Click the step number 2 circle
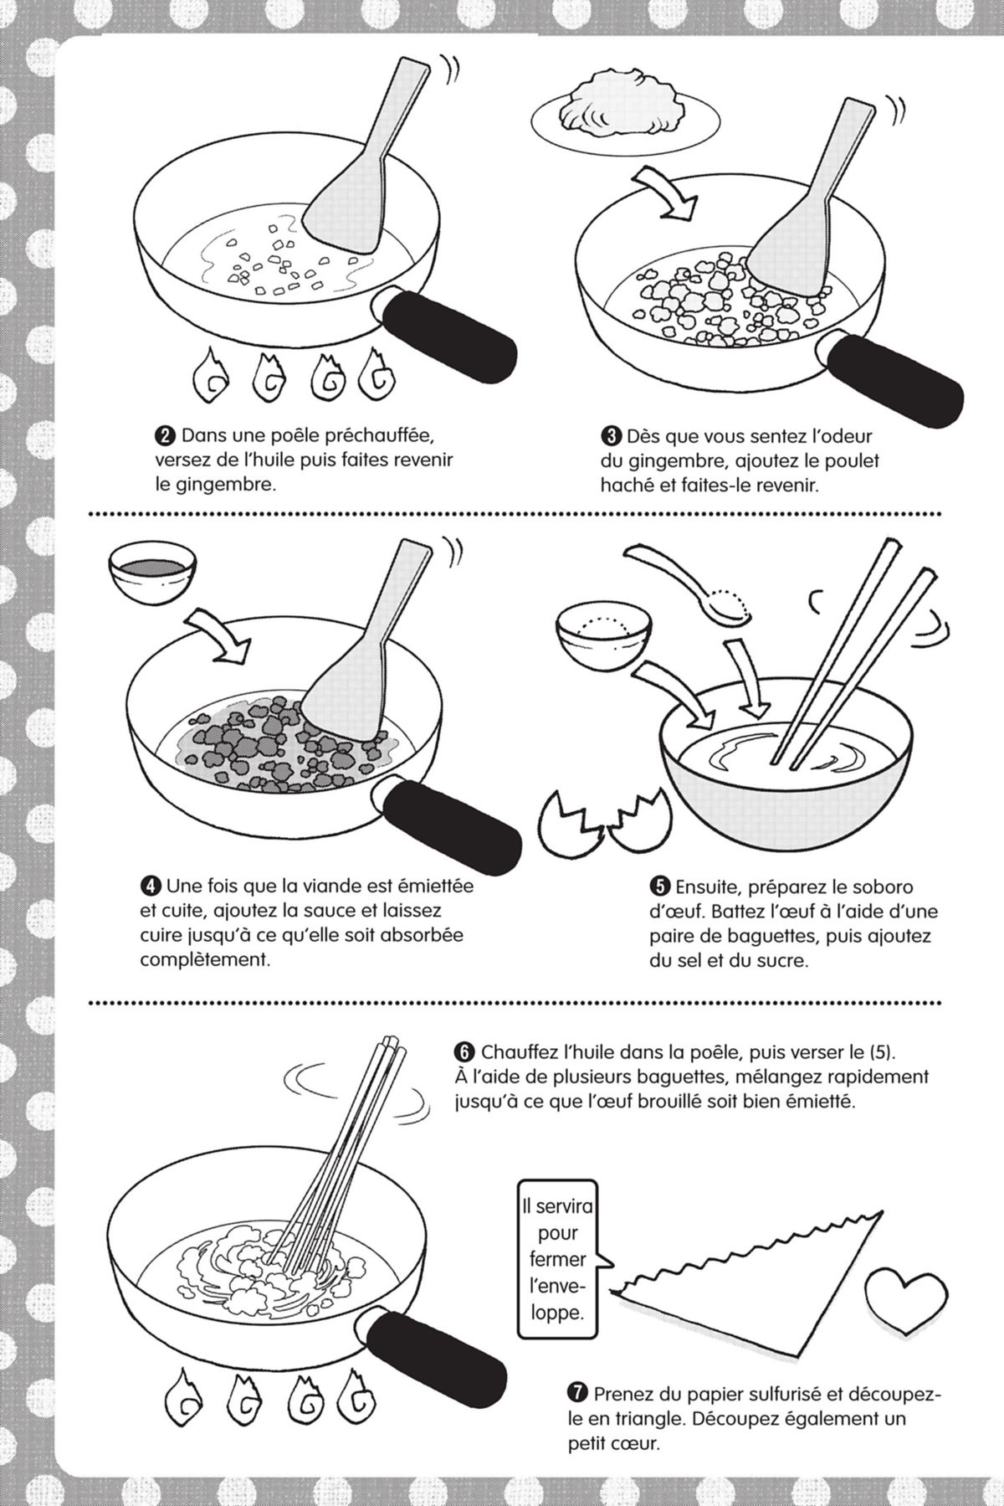tap(165, 436)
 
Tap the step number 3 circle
tap(610, 436)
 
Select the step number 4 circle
tap(150, 886)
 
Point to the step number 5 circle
tap(659, 887)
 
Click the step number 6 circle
tap(464, 1051)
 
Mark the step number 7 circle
tap(576, 1394)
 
